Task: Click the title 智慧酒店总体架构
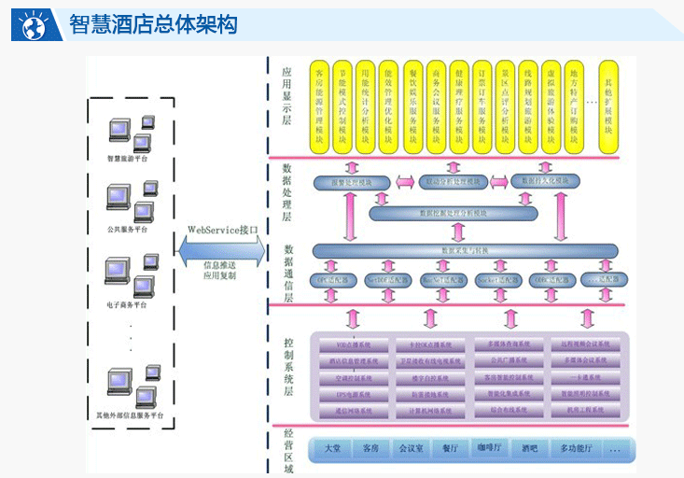tap(154, 24)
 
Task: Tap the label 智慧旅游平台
tap(128, 160)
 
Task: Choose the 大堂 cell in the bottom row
tap(332, 449)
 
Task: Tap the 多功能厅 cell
tap(577, 449)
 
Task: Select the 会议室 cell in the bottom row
tap(411, 449)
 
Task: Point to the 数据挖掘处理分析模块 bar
tap(454, 214)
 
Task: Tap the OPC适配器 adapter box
tap(333, 279)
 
